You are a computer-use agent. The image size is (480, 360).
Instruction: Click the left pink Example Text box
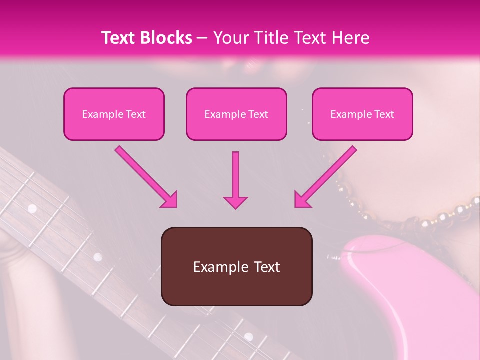coord(114,114)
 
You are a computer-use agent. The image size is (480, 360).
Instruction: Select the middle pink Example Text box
coord(236,114)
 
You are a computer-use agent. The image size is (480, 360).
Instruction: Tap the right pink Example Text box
coord(362,114)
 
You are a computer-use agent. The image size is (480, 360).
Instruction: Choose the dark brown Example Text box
coord(236,266)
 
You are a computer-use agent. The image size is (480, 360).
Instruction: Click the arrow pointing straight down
coord(235,180)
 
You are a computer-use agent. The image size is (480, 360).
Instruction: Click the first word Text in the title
coord(120,38)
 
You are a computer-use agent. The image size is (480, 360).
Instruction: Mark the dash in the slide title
coord(202,38)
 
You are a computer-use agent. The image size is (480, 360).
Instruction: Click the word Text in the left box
coord(136,114)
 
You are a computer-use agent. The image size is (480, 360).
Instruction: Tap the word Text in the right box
coord(384,114)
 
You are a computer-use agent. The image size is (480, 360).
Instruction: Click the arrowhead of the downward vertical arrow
coord(235,202)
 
